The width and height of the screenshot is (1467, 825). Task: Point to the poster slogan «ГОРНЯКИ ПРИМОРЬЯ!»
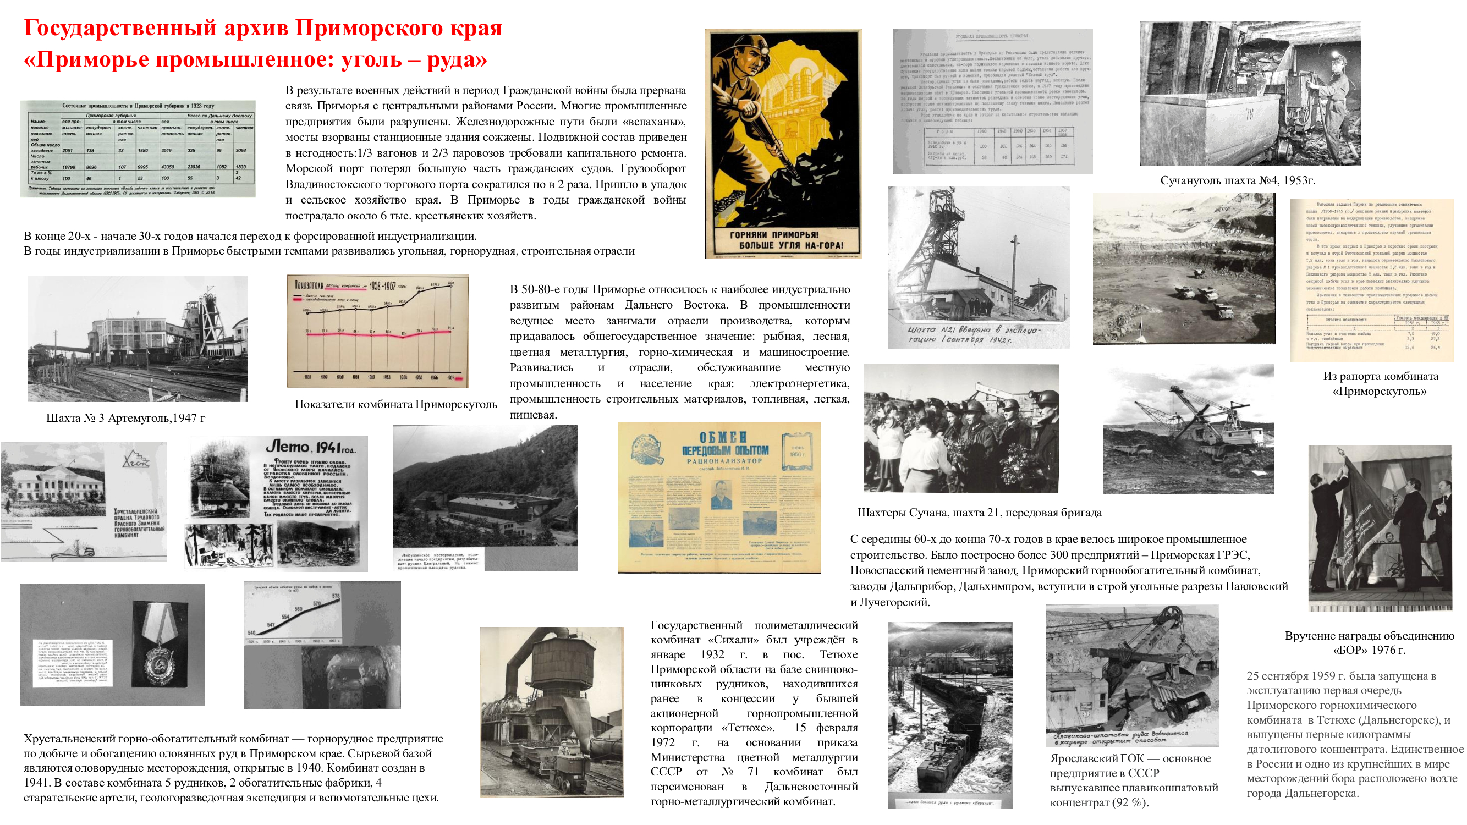click(x=774, y=235)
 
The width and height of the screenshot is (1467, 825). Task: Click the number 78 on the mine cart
click(x=1249, y=114)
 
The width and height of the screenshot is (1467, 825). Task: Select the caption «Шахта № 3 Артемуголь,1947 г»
click(x=125, y=418)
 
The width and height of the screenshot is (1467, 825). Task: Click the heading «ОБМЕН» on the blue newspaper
click(x=723, y=437)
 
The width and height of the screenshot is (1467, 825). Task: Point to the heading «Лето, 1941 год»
click(x=310, y=448)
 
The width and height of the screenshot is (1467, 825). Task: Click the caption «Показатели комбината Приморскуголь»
click(x=395, y=404)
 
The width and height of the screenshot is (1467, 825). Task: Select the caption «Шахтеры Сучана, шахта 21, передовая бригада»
click(x=979, y=513)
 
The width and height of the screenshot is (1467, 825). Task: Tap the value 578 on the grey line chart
click(x=336, y=596)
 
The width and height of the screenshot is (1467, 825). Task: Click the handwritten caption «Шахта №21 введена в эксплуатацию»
click(x=973, y=334)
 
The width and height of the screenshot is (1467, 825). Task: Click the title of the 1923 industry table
click(x=138, y=106)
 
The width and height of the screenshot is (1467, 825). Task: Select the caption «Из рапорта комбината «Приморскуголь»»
click(x=1380, y=383)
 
